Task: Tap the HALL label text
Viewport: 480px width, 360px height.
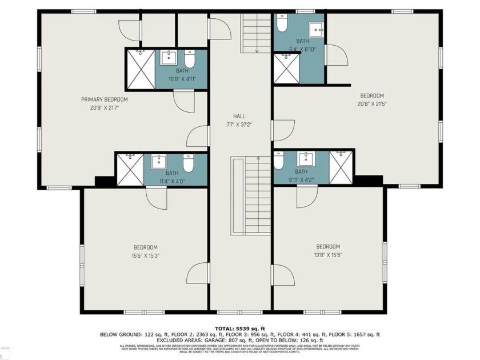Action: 239,116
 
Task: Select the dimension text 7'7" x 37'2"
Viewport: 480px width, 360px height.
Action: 239,124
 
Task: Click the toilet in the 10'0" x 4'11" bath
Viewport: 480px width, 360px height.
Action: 190,59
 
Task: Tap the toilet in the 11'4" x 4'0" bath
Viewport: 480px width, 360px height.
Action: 189,163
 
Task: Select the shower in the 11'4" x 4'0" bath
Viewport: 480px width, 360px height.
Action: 130,169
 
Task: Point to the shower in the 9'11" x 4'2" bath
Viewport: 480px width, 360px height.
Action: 341,167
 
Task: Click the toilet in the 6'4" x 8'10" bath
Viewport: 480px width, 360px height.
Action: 282,23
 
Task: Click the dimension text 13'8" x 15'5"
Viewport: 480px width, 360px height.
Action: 328,255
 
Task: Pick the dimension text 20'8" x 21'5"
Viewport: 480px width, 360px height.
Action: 371,104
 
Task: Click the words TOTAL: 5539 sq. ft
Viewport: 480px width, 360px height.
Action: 239,328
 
